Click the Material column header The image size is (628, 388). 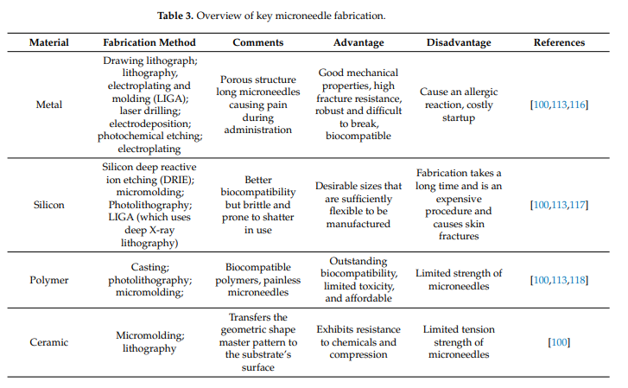(x=49, y=42)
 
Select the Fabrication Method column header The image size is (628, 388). (x=149, y=42)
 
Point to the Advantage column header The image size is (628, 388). (x=360, y=42)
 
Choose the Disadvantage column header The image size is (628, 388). (x=459, y=42)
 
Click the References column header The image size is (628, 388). (x=559, y=42)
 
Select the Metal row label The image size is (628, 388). (x=49, y=105)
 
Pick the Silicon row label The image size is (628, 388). (x=49, y=205)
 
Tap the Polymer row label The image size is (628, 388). (x=49, y=280)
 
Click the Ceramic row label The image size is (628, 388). (x=49, y=342)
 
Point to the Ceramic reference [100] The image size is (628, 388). (x=559, y=342)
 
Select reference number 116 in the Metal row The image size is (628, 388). (x=578, y=105)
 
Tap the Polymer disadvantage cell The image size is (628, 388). (x=459, y=280)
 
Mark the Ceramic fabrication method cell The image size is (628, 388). (x=149, y=342)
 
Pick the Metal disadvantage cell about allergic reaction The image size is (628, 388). (x=459, y=105)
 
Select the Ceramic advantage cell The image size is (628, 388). (x=360, y=342)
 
